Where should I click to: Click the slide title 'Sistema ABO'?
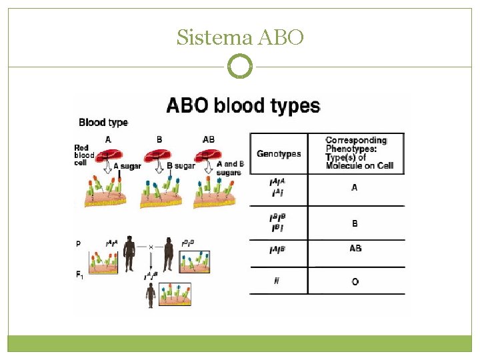coord(240,38)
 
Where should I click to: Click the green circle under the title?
coord(240,67)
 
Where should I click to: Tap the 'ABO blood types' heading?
coord(243,105)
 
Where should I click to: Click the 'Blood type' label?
coord(103,123)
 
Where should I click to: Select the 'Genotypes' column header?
coord(279,154)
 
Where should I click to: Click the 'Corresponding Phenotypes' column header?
coord(356,153)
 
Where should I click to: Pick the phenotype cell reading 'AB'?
coord(355,249)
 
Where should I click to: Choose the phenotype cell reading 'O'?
coord(355,282)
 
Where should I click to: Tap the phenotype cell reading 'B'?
coord(355,223)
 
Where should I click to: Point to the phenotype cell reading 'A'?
coord(355,188)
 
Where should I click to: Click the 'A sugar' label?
coord(127,167)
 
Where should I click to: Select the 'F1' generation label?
coord(80,273)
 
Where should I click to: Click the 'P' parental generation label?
coord(78,244)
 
